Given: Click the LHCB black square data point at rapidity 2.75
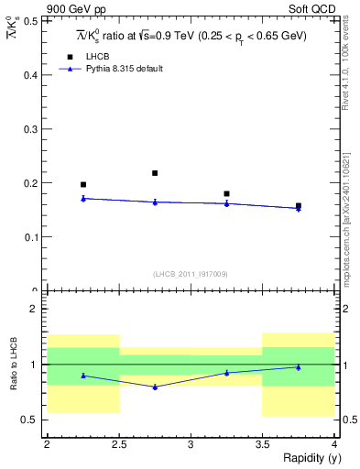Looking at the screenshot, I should click(155, 173).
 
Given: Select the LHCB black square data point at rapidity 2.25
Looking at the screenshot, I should click(83, 185).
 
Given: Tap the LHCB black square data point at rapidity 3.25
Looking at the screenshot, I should click(226, 194).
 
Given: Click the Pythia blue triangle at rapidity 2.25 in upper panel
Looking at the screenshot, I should click(83, 198).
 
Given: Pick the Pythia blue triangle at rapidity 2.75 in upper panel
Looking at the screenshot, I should click(155, 202).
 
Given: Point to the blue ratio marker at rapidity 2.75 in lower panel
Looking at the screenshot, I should click(155, 387).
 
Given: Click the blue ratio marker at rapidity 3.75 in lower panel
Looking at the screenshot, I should click(298, 367).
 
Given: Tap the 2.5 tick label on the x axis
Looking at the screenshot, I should click(118, 444).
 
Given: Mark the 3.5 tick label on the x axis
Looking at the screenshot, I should click(262, 444).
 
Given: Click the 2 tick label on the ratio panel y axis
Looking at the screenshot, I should click(34, 310).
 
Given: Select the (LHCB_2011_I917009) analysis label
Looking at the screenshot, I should click(191, 274).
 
